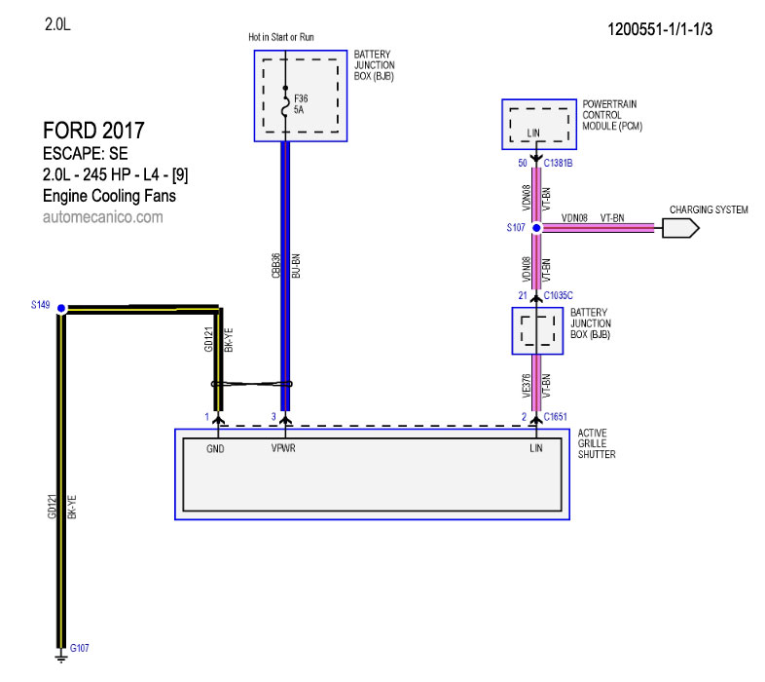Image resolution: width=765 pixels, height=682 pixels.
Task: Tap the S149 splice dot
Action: pos(61,308)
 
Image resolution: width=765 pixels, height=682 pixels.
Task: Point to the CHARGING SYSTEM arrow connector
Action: pos(680,227)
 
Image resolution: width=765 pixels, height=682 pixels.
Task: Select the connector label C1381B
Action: pos(558,163)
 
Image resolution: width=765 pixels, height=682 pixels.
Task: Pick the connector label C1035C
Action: pos(559,294)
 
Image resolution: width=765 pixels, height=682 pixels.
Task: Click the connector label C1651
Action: pos(556,417)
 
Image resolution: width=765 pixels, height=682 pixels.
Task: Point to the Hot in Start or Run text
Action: pos(281,37)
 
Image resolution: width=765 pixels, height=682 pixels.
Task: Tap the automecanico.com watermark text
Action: pos(102,217)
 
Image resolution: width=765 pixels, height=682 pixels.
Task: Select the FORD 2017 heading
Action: pos(94,130)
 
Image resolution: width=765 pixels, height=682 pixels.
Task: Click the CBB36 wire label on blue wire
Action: pos(275,266)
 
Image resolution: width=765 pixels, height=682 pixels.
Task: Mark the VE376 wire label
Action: pos(527,387)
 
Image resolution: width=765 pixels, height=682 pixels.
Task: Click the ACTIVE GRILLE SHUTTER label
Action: pos(597,443)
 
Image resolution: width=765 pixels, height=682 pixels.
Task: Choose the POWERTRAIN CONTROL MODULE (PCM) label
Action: pos(611,114)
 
